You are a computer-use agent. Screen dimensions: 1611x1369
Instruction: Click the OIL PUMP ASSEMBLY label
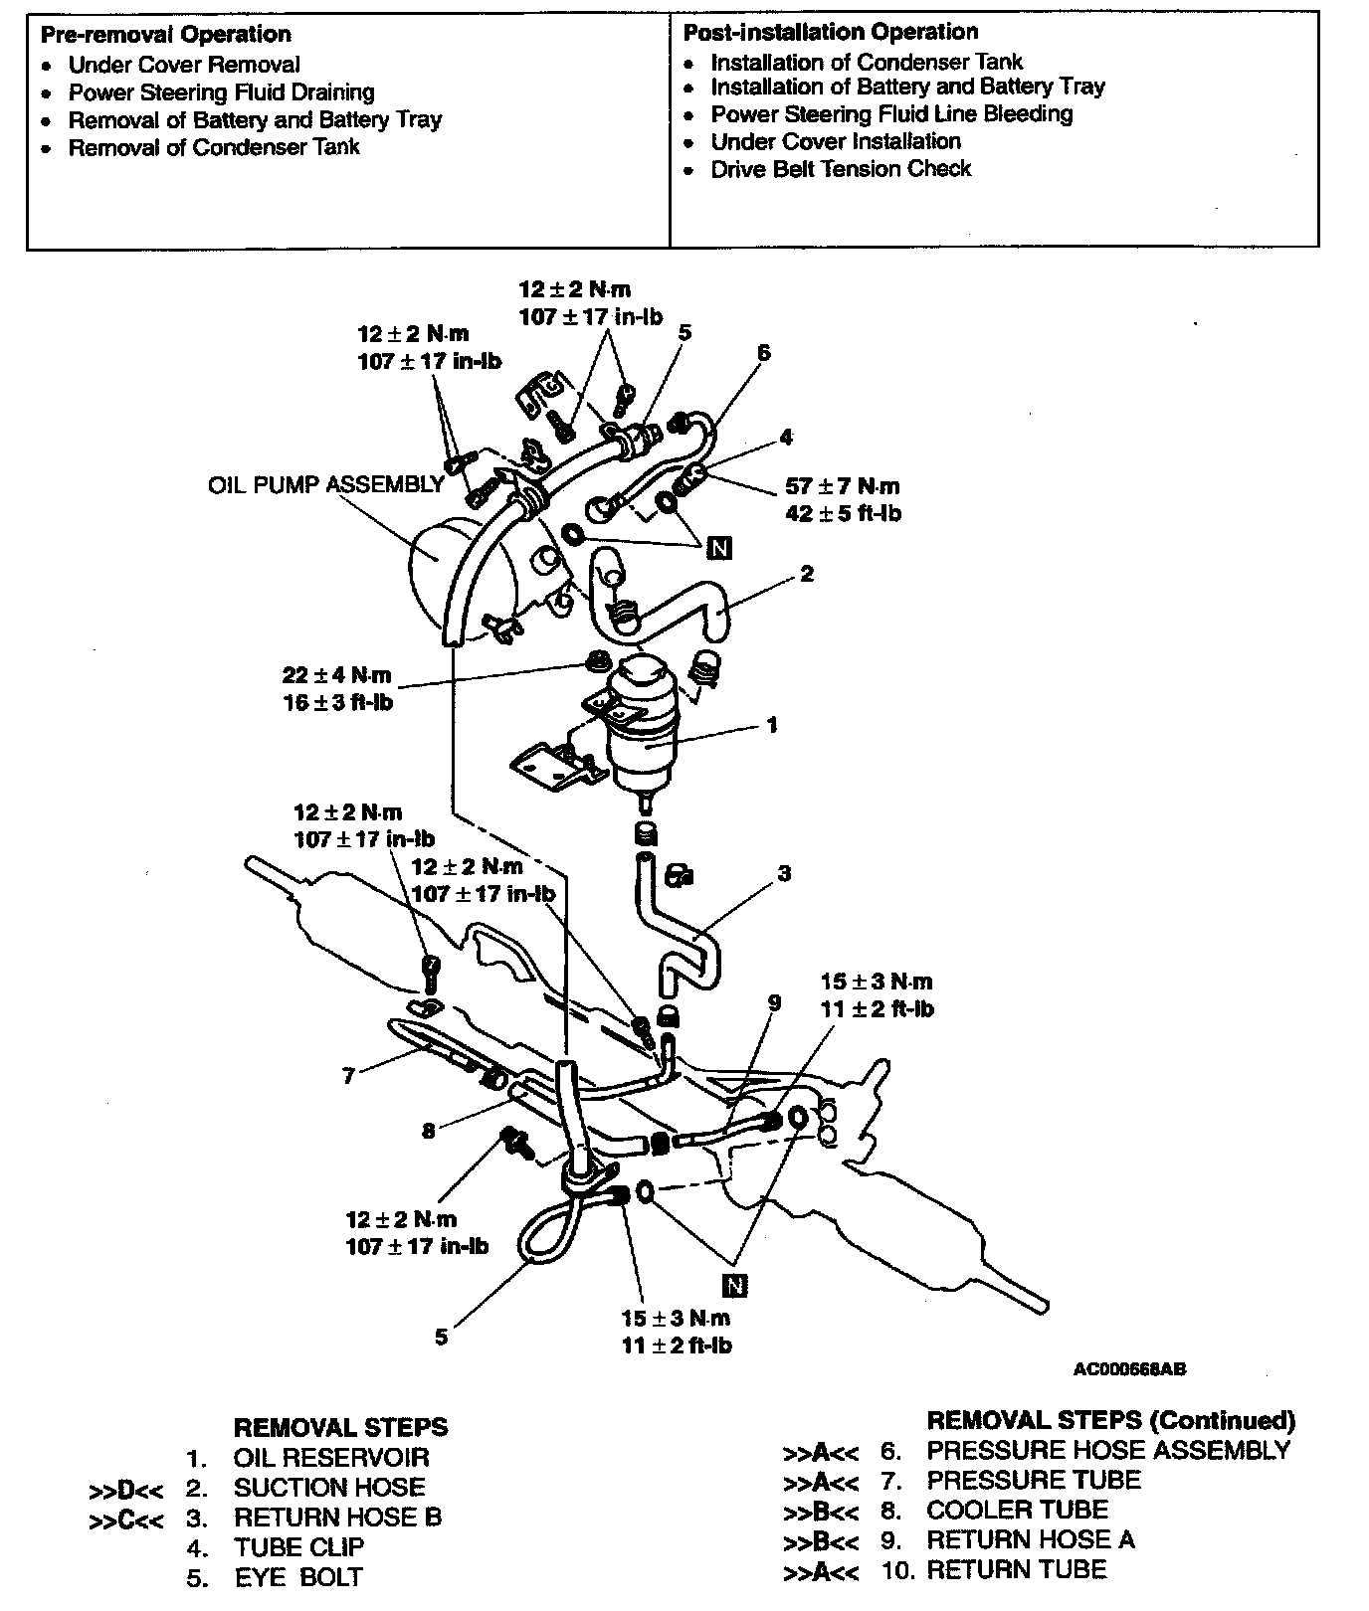click(x=325, y=484)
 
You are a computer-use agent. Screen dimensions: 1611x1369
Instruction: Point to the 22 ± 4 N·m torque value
click(x=336, y=675)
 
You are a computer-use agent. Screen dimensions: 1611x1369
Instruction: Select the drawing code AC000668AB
click(x=1129, y=1369)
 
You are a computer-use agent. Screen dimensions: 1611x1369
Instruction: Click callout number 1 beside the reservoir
click(x=772, y=725)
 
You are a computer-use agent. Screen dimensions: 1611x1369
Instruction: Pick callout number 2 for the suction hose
click(x=806, y=574)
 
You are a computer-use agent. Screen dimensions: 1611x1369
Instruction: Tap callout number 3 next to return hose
click(x=784, y=874)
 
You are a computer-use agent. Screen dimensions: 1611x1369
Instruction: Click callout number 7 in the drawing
click(x=348, y=1076)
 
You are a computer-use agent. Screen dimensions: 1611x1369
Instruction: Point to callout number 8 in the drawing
click(x=428, y=1131)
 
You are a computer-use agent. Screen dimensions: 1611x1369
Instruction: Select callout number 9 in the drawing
click(x=775, y=1003)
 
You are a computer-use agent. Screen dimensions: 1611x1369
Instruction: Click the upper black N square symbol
click(x=718, y=547)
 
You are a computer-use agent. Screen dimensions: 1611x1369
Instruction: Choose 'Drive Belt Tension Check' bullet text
click(x=840, y=169)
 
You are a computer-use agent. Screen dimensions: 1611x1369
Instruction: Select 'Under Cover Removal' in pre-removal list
click(x=184, y=66)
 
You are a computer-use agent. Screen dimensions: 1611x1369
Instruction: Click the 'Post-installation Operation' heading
click(x=831, y=32)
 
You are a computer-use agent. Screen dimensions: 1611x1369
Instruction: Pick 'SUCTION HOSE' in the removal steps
click(x=329, y=1488)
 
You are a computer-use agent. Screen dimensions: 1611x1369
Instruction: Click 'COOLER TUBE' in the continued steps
click(x=1017, y=1510)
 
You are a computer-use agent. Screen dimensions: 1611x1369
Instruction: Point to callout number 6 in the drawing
click(x=763, y=352)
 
